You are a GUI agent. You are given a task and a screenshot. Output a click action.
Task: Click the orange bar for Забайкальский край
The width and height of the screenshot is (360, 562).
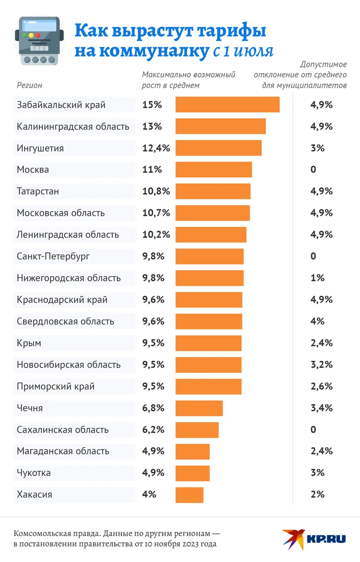tap(228, 105)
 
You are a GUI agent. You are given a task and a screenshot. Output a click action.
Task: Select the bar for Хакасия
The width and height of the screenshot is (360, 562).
tap(190, 495)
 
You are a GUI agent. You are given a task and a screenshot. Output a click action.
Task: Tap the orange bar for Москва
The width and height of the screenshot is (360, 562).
tap(214, 170)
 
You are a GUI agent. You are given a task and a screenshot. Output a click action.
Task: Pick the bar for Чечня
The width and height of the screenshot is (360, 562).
tap(199, 408)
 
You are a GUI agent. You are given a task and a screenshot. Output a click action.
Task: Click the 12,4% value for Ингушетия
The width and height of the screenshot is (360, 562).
tap(156, 148)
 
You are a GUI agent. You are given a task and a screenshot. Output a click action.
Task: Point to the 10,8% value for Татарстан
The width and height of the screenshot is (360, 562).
tap(156, 192)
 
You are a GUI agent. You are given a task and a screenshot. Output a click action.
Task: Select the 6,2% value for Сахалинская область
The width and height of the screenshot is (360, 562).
tap(154, 430)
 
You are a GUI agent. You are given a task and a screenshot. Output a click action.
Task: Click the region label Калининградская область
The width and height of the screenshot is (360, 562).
tap(73, 127)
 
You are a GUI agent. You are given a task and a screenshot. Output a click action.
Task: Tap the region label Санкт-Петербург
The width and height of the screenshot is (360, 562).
tap(53, 257)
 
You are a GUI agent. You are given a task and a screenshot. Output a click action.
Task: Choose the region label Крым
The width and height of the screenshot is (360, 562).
tap(29, 343)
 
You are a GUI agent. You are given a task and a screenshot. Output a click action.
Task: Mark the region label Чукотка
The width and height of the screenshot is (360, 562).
tap(34, 473)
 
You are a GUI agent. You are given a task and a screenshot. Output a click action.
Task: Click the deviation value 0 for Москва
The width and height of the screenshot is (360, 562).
tap(313, 170)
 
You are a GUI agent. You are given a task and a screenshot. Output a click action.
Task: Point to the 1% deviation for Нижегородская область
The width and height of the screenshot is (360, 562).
tap(318, 278)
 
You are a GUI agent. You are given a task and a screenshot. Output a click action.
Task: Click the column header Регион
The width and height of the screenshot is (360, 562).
tap(30, 86)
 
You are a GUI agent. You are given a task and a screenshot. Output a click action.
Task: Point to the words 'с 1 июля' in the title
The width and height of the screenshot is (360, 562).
tap(243, 51)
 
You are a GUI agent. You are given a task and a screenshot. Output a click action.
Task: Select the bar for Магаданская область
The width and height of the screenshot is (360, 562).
tap(192, 452)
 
